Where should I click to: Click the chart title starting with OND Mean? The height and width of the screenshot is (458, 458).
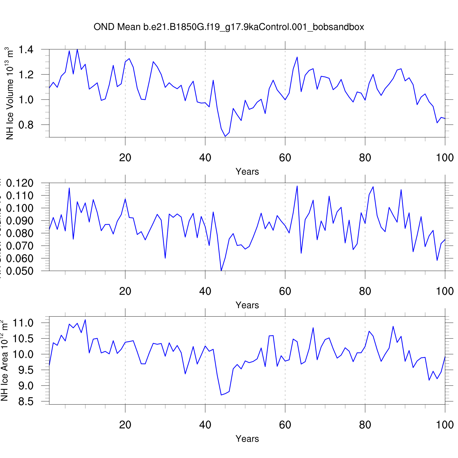coord(229,27)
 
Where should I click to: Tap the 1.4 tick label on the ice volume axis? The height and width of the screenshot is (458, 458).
coord(26,49)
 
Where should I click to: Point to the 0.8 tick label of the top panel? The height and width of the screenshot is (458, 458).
coord(26,125)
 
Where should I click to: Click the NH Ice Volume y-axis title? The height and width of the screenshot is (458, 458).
coord(10,93)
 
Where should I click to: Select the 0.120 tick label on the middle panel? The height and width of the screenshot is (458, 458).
coord(20,183)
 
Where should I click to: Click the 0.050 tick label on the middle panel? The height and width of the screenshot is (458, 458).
coord(20,271)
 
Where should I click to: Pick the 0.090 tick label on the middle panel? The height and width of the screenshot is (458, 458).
coord(20,221)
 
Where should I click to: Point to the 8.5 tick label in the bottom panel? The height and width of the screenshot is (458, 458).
coord(26,402)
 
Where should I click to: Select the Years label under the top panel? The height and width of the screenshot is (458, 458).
coord(247,172)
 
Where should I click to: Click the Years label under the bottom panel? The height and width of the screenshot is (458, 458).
coord(247,439)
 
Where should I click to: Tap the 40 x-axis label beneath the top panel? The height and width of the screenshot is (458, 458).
coord(205,158)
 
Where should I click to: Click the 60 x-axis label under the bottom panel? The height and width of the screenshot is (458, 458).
coord(285,425)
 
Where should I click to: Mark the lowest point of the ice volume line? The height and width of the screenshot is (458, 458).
coord(225,136)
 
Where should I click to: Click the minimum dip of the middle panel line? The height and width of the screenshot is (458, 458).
coord(221,271)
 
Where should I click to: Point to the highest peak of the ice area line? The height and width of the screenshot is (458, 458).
coord(85,320)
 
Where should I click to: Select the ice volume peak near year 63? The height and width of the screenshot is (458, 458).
coord(297,57)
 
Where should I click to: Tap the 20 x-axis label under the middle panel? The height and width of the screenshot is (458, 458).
coord(125,291)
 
